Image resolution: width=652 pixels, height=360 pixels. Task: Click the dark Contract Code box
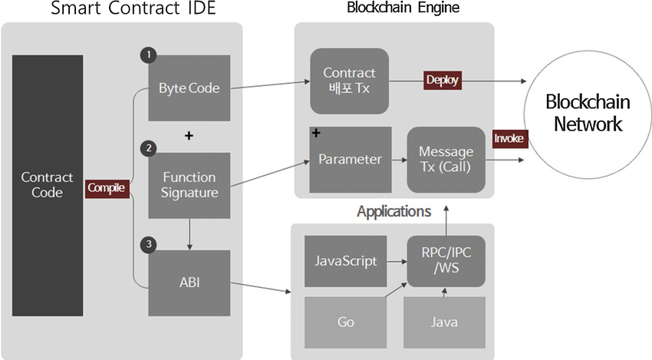(47, 184)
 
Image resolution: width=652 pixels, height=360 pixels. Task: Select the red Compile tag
(107, 187)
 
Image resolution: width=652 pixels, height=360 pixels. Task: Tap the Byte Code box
(189, 88)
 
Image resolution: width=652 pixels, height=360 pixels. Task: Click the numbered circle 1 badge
(148, 55)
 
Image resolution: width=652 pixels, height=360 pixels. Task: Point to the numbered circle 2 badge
(148, 147)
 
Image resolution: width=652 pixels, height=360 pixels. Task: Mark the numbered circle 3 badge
(148, 244)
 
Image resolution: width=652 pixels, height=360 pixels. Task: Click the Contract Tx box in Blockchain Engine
(349, 81)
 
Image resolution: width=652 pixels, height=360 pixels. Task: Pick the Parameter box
(351, 160)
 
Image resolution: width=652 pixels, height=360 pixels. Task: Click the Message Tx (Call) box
(446, 160)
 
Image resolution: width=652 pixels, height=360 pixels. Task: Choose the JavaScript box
(346, 261)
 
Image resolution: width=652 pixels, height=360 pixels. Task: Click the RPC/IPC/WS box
(446, 261)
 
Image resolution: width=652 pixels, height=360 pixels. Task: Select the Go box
(346, 322)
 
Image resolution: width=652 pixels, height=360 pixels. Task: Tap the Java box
(445, 322)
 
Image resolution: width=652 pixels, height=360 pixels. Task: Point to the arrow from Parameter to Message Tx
(400, 160)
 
